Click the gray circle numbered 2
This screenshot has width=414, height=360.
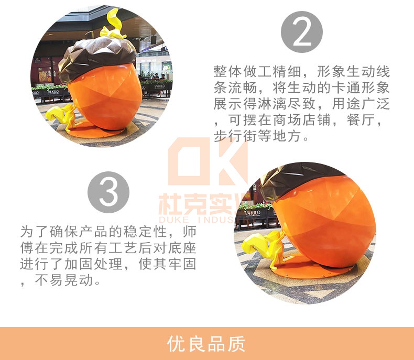tap(302, 32)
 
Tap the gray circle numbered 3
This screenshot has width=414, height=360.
tap(108, 192)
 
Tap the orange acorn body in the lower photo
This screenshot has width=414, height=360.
tap(325, 225)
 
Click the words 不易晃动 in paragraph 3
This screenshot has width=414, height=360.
tap(67, 280)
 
